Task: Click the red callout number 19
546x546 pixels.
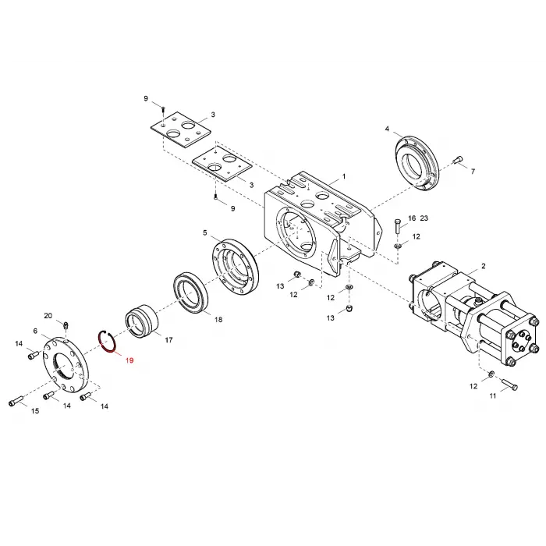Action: tap(129, 361)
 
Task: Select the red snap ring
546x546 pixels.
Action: tap(107, 341)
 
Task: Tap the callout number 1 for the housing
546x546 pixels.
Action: tap(344, 178)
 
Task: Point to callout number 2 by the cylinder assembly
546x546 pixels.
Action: tap(483, 266)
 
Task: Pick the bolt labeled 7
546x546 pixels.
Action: tap(457, 161)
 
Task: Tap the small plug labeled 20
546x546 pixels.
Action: tap(67, 324)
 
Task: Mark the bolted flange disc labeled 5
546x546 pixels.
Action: tap(233, 267)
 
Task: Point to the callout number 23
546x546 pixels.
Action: tap(424, 218)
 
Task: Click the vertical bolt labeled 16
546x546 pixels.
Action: tap(398, 228)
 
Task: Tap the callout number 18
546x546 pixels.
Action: tap(218, 320)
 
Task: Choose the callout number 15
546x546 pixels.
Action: tap(35, 411)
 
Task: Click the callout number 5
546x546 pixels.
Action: tap(205, 232)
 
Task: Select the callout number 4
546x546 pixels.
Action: tap(387, 128)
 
